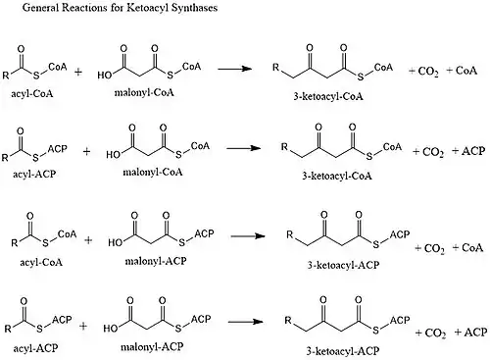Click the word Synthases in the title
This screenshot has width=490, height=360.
[x=194, y=8]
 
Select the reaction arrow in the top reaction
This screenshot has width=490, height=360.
[x=234, y=69]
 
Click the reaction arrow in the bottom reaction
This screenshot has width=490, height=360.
[x=245, y=322]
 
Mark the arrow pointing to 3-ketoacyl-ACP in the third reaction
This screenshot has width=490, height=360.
[x=248, y=236]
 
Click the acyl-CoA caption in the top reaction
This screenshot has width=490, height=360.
[x=32, y=94]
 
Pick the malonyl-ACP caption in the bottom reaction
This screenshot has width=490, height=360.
[x=152, y=346]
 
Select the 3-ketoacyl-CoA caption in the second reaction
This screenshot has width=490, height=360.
[x=337, y=177]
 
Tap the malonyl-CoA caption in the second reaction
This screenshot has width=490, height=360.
[x=153, y=173]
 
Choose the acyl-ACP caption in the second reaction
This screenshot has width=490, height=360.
[x=34, y=174]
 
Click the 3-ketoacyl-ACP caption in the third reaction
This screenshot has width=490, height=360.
[x=343, y=265]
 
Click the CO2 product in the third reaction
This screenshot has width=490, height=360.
[x=434, y=249]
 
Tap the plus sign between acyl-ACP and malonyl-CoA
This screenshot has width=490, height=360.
[x=86, y=151]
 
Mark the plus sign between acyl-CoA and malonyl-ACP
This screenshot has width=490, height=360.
[x=88, y=240]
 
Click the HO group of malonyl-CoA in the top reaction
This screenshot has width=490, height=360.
[x=105, y=76]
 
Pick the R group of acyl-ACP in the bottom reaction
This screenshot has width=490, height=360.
[x=8, y=329]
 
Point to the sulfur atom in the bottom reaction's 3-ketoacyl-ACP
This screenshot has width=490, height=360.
[x=375, y=331]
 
